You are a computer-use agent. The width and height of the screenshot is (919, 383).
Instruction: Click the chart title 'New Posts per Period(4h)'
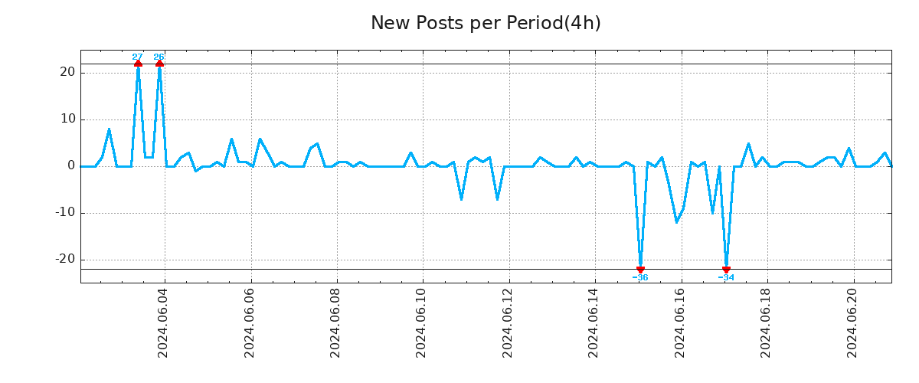click(486, 23)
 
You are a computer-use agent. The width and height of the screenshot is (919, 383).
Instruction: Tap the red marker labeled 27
click(138, 64)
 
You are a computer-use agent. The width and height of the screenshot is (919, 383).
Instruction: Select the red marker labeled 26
click(159, 64)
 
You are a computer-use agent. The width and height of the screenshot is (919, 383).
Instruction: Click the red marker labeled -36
click(640, 270)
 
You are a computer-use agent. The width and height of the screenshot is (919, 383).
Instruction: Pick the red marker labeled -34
click(726, 270)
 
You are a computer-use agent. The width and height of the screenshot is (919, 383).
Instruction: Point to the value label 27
click(137, 57)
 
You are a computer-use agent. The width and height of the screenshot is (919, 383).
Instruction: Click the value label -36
click(640, 277)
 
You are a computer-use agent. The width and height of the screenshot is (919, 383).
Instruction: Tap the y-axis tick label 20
click(66, 72)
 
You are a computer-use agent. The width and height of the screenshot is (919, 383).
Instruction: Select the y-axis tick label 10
click(66, 119)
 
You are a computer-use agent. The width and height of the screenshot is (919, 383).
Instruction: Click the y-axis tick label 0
click(70, 165)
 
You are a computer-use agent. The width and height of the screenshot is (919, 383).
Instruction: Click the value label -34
click(726, 277)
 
